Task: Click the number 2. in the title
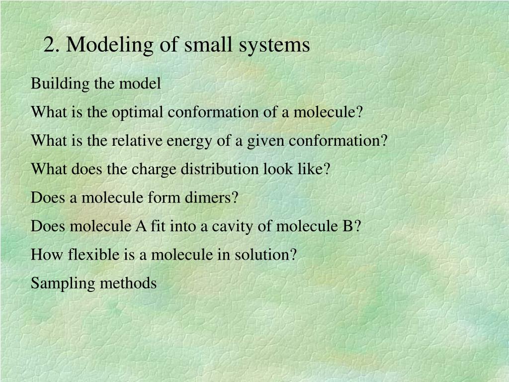52,44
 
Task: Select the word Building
60,84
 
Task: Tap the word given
265,141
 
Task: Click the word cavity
232,227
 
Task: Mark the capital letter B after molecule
347,226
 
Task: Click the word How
47,254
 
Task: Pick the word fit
158,226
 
